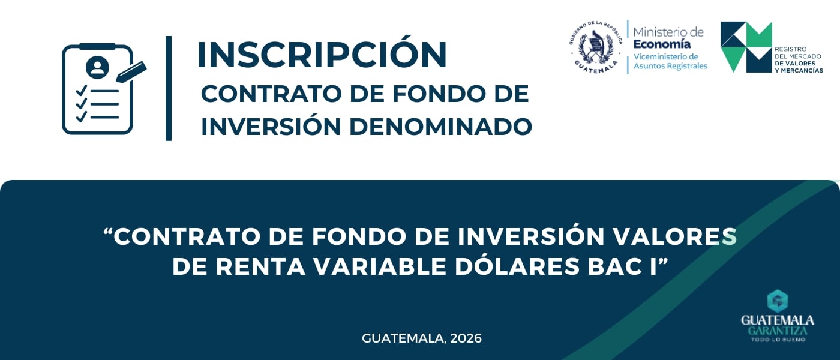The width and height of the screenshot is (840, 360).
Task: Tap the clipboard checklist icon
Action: pos(104,89)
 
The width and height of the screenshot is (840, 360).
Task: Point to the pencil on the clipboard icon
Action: pos(131,71)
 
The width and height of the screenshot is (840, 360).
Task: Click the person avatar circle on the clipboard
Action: pos(97,67)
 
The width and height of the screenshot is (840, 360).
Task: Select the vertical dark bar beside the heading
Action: pos(169,89)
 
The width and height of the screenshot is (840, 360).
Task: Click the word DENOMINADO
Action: pos(440,127)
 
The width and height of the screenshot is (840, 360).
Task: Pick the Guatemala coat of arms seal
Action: pos(595,47)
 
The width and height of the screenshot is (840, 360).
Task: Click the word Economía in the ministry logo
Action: pos(662,44)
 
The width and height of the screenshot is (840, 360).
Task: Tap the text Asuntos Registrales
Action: pos(671,66)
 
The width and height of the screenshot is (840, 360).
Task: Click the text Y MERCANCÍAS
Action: pos(799,71)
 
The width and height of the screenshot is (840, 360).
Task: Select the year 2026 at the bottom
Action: pos(466,338)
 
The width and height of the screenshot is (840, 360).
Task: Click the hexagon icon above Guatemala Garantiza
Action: pos(778,301)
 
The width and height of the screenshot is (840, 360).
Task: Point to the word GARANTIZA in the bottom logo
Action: pos(778,331)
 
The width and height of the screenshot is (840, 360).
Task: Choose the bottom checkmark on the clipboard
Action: pos(82,116)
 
